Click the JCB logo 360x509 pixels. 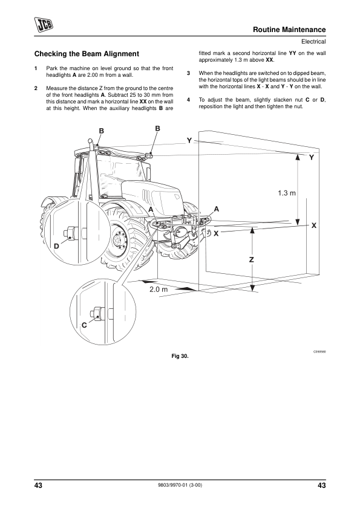(44, 25)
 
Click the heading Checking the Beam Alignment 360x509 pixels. (87, 54)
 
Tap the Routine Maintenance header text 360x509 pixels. (289, 30)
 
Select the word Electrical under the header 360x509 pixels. (313, 42)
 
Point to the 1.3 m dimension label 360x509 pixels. (287, 193)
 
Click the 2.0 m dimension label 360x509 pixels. (159, 289)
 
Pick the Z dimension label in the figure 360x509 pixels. (252, 260)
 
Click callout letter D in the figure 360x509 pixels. (56, 247)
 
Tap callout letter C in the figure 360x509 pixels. (84, 325)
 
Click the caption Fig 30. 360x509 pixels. (180, 356)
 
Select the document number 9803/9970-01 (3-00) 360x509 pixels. (180, 485)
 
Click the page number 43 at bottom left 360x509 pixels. (38, 485)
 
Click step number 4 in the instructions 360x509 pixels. (188, 100)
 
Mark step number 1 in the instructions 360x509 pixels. (36, 68)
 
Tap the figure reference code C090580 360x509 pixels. (319, 352)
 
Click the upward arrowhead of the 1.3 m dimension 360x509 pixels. (297, 157)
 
